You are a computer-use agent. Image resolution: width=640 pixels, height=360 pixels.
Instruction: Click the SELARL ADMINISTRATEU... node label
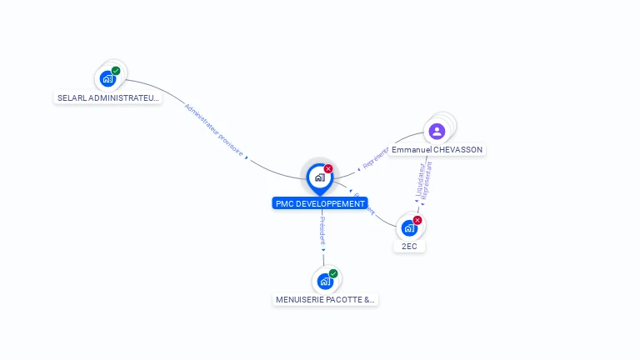click(x=107, y=97)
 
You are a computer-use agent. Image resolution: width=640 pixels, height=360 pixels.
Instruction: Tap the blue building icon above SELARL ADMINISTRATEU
click(x=107, y=79)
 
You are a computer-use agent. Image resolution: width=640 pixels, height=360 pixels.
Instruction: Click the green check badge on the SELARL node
click(x=116, y=71)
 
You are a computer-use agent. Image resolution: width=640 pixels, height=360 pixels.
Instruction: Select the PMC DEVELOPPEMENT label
click(x=320, y=203)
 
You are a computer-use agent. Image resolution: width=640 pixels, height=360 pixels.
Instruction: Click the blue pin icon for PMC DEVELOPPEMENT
click(x=319, y=177)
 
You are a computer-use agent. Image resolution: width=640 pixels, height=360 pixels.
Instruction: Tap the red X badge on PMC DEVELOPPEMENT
click(x=328, y=168)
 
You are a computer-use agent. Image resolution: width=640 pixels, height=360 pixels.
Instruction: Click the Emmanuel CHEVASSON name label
click(x=437, y=150)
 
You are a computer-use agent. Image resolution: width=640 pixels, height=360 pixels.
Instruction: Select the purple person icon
click(x=437, y=131)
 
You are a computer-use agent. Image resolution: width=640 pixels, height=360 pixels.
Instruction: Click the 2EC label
click(x=408, y=247)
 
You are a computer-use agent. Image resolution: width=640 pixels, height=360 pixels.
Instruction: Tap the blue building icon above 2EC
click(x=408, y=228)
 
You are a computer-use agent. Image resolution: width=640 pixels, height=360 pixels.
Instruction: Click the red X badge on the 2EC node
click(x=417, y=220)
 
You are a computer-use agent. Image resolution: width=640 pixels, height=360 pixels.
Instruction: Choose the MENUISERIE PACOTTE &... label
click(x=325, y=299)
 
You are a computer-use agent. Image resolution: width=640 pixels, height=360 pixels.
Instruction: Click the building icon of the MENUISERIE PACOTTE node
click(x=325, y=282)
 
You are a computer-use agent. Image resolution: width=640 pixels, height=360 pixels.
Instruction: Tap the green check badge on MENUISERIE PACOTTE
click(x=333, y=273)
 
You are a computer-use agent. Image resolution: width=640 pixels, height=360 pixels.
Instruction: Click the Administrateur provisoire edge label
click(x=213, y=130)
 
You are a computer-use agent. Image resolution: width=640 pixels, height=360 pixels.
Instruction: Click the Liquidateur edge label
click(x=420, y=181)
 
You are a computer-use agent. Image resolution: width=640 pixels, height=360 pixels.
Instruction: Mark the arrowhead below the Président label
click(x=323, y=249)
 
